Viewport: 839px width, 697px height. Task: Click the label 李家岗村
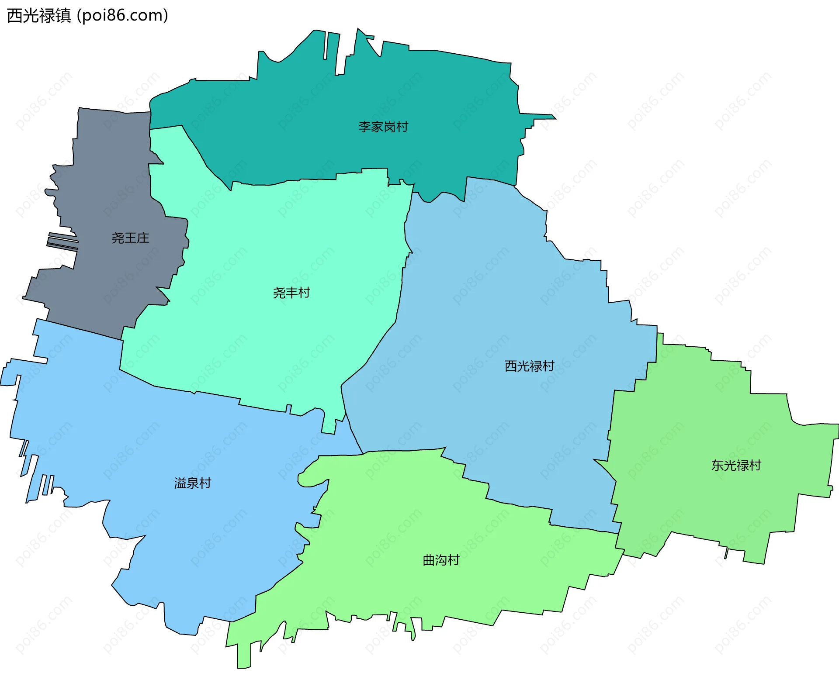click(x=383, y=127)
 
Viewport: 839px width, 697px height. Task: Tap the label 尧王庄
click(x=130, y=238)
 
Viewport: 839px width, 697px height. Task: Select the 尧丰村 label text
click(x=291, y=293)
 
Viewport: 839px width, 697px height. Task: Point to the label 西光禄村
click(x=529, y=366)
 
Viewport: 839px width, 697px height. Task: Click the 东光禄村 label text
click(x=736, y=466)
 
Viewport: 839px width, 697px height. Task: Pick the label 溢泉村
click(x=192, y=483)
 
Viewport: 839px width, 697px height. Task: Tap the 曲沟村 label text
click(x=441, y=560)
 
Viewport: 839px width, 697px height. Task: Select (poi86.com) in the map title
click(x=122, y=16)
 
